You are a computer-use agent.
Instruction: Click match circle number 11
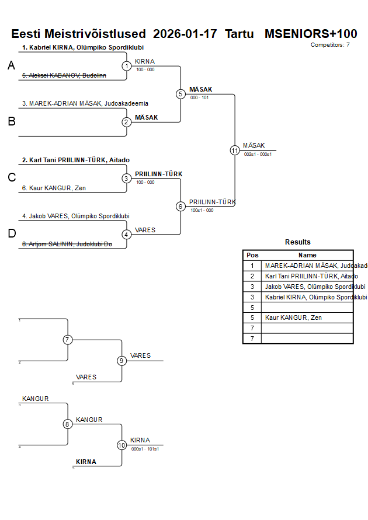coord(235,150)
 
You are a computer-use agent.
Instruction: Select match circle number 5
coord(180,94)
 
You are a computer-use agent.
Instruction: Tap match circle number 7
coord(68,340)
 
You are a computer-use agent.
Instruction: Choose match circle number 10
coord(121,445)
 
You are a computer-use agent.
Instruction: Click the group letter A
coord(11,67)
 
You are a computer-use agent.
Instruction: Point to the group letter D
coord(11,233)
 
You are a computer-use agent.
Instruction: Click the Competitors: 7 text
coord(330,44)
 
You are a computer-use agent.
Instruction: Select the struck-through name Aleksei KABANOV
coord(64,75)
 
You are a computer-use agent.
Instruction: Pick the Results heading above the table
coord(298,242)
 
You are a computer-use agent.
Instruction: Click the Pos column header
coord(252,255)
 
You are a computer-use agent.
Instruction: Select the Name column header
coord(307,255)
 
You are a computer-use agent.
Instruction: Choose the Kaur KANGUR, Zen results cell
coord(293,317)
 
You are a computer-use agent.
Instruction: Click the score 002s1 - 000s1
coord(258,154)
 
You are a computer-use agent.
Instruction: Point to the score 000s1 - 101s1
coord(145,449)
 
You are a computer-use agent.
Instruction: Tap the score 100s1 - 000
coord(202,210)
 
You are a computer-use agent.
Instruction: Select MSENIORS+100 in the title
coord(311,34)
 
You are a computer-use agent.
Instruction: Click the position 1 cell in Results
coord(252,266)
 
